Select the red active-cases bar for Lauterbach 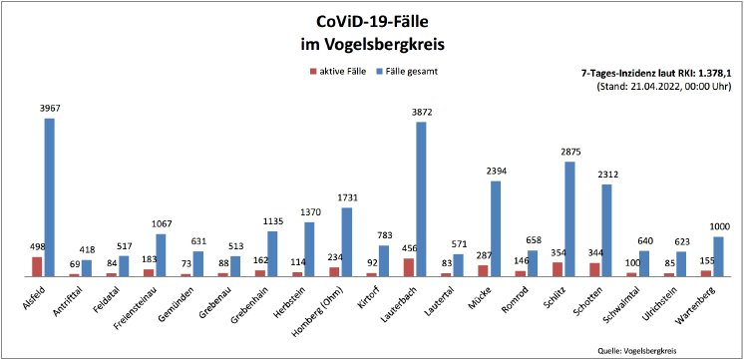(408, 266)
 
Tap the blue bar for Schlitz (569, 218)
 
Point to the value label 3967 (49, 109)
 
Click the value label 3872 (420, 112)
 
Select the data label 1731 (346, 197)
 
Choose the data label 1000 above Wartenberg (718, 226)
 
